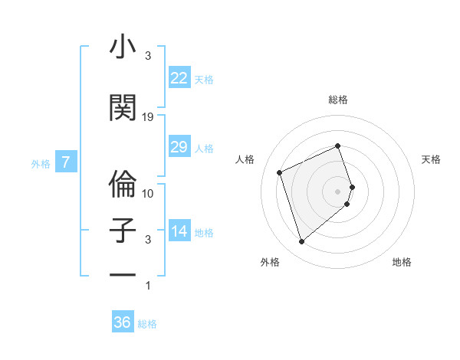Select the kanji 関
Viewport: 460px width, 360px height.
[123, 107]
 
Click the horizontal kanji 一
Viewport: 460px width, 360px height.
[123, 273]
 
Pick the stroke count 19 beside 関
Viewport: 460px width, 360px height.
[148, 116]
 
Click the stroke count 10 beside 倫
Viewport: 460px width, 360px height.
[148, 193]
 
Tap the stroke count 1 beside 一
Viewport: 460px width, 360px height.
[148, 286]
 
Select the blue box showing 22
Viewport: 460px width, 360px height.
[179, 78]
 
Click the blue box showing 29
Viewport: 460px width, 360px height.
[179, 147]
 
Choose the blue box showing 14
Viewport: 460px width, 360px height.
[179, 231]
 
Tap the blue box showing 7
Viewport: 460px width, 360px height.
[66, 162]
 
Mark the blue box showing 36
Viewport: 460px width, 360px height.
[123, 322]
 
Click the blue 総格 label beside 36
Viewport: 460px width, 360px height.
[147, 324]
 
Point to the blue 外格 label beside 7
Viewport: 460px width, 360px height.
[41, 163]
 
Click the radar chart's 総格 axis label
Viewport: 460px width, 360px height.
[338, 100]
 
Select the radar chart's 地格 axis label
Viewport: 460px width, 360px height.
[402, 262]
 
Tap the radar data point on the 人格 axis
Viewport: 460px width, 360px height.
[280, 172]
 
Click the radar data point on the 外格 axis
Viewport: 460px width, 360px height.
[302, 242]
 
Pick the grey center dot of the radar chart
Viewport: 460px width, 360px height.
[338, 191]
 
